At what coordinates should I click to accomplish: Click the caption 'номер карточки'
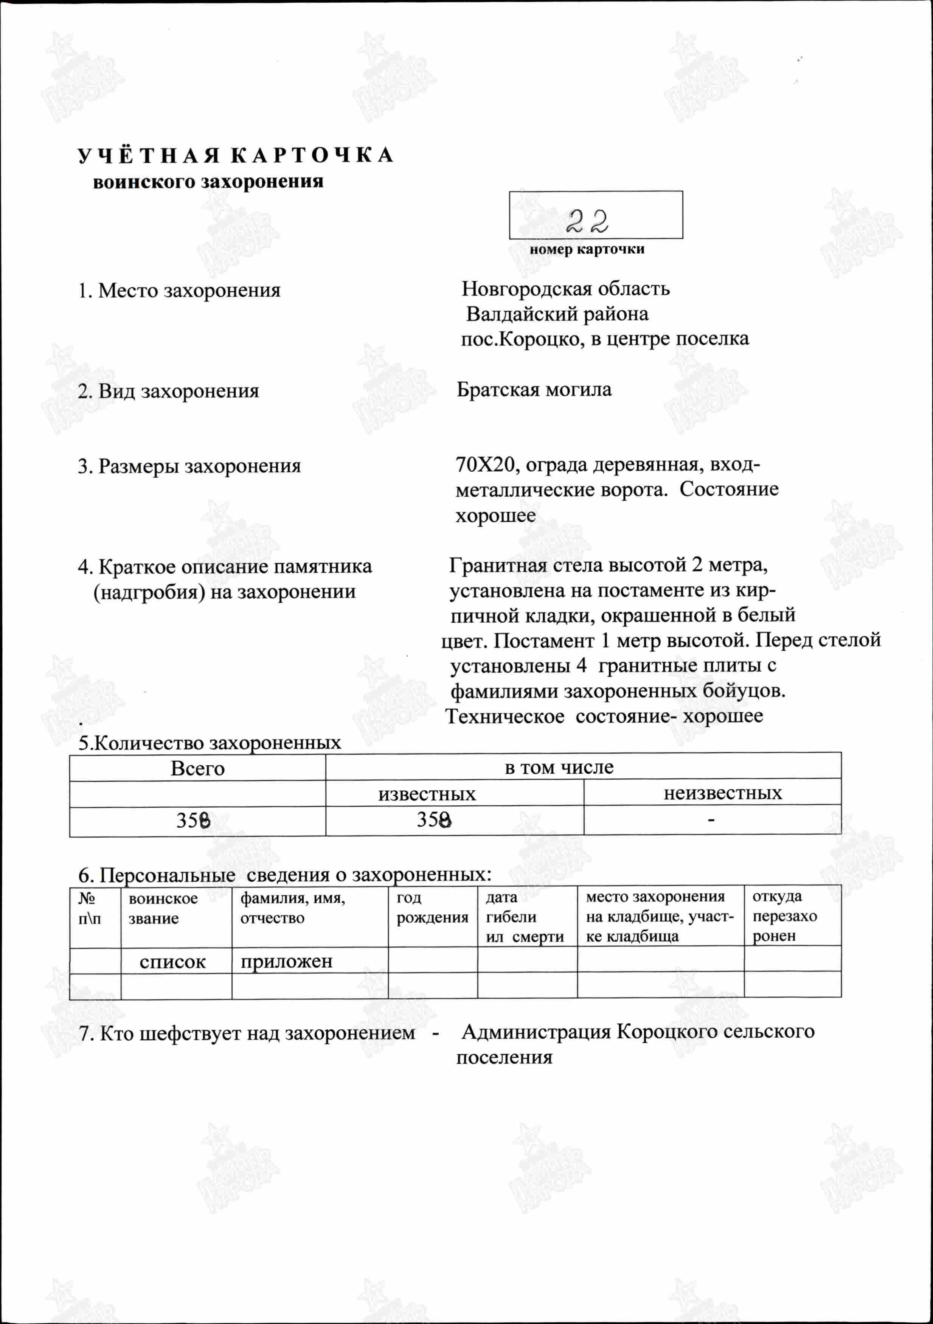coord(587,250)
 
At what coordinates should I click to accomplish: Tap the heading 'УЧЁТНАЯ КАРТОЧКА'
coord(235,156)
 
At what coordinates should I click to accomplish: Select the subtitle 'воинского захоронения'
coord(208,182)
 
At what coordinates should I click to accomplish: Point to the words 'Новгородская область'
coord(566,288)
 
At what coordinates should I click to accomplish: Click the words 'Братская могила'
coord(534,390)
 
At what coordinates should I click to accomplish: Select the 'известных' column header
coord(427,794)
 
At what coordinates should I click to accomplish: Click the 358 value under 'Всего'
coord(193,820)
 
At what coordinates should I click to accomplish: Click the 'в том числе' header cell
coord(559,767)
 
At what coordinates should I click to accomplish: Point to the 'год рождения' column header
coord(432,907)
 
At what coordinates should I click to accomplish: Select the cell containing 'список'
coord(172,962)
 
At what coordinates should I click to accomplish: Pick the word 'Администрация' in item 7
coord(536,1031)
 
